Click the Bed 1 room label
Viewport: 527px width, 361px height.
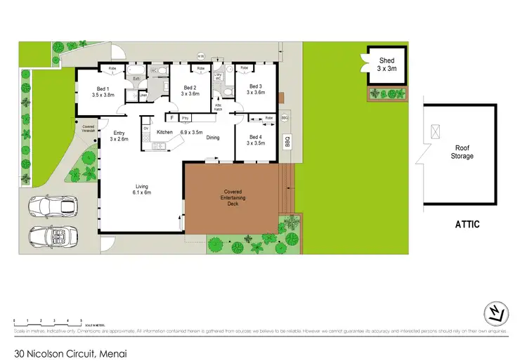(x=103, y=91)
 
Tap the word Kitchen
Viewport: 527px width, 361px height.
(x=164, y=132)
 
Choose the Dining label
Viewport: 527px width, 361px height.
(x=213, y=138)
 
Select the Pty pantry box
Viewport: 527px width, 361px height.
(x=186, y=117)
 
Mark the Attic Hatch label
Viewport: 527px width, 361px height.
(x=219, y=107)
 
